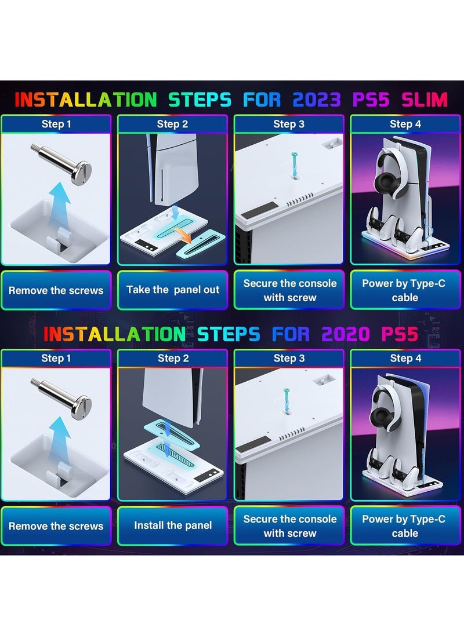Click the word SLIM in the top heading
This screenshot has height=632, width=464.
pyautogui.click(x=425, y=100)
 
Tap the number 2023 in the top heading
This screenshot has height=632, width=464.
pyautogui.click(x=317, y=100)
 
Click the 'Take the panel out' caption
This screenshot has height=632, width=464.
pyautogui.click(x=173, y=290)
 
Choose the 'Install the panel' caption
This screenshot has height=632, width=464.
pyautogui.click(x=173, y=525)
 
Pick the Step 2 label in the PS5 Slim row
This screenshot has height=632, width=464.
pyautogui.click(x=172, y=124)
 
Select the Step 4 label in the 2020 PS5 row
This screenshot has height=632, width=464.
pyautogui.click(x=405, y=358)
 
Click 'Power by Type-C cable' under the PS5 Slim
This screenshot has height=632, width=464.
pyautogui.click(x=405, y=290)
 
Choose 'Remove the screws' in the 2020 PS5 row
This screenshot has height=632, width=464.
pyautogui.click(x=56, y=525)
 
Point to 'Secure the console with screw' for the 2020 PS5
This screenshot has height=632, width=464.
pyautogui.click(x=289, y=525)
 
